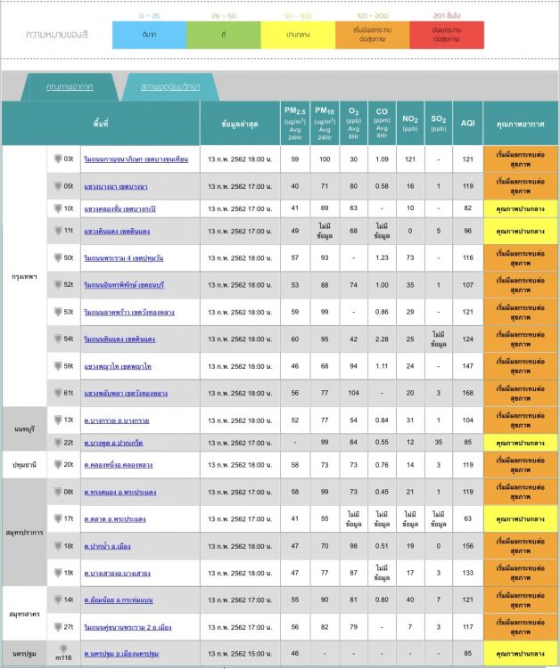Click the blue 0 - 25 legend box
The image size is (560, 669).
pos(149,35)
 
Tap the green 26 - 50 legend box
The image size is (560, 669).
pos(223,35)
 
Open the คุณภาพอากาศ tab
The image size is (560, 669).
pos(71,86)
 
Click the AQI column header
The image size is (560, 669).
pos(467,123)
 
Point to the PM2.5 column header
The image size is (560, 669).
pos(295,123)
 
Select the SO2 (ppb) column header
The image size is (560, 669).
pos(439,123)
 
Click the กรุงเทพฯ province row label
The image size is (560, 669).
pos(25,276)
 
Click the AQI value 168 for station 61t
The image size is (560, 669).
pos(467,393)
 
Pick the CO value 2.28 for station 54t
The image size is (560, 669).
pos(382,339)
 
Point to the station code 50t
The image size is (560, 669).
pos(69,258)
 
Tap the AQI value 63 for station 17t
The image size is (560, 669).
pos(467,518)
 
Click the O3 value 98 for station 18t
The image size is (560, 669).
pos(354,546)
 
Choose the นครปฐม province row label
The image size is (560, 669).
pos(25,654)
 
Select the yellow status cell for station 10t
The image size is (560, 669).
pos(520,208)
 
